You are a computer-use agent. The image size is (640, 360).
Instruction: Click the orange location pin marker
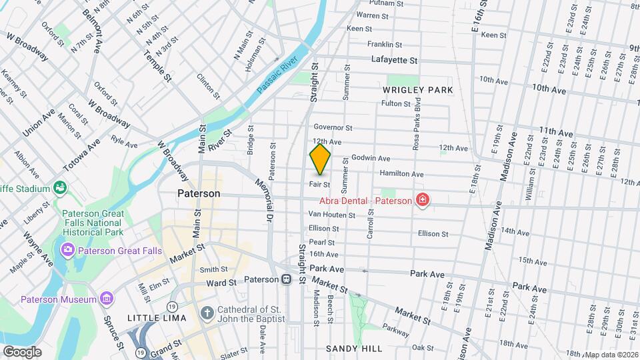coord(321,159)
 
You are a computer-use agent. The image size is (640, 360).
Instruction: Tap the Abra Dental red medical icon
coord(421,199)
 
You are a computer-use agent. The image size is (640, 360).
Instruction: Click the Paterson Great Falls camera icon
coord(68,250)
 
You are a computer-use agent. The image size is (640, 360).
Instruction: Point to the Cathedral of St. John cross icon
coord(207,313)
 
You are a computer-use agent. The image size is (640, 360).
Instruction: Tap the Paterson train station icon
coord(286,279)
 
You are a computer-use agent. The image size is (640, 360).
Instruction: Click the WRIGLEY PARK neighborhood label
coord(418,90)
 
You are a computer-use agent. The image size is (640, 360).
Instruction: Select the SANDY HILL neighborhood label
coord(354,349)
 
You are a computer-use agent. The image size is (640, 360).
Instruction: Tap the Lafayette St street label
coord(394,60)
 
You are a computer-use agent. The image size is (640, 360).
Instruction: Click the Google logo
coord(22,351)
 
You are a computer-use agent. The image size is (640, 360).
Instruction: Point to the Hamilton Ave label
coord(401,174)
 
